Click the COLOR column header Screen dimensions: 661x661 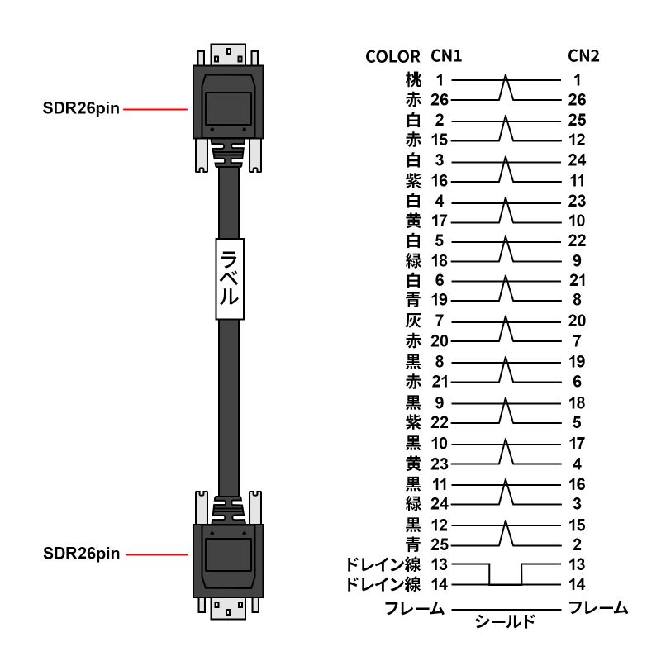(x=393, y=57)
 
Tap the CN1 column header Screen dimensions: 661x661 (x=446, y=56)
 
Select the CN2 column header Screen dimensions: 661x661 (x=583, y=56)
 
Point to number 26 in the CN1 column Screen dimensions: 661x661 (x=440, y=100)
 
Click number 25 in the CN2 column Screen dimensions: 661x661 (x=578, y=121)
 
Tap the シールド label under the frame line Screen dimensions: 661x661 (x=505, y=621)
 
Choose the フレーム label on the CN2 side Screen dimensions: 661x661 (x=598, y=609)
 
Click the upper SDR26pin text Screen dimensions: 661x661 (x=81, y=109)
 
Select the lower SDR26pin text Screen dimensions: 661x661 (x=81, y=554)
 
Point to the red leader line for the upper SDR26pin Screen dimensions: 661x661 (x=156, y=109)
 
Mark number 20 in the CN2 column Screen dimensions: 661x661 (x=578, y=321)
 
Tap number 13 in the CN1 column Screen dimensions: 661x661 (x=440, y=564)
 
